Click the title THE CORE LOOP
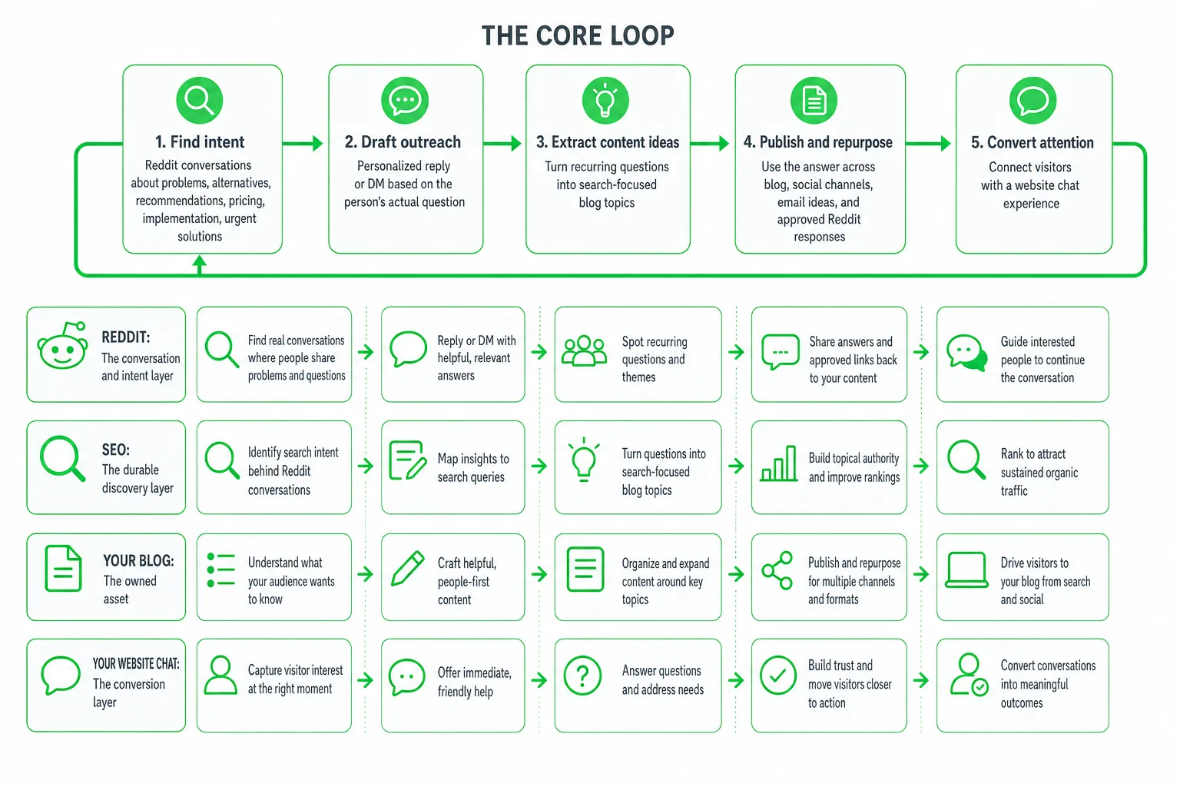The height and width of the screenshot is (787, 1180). [x=578, y=36]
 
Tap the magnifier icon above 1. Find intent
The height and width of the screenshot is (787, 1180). [x=200, y=100]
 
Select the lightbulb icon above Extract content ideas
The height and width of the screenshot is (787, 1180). [x=605, y=100]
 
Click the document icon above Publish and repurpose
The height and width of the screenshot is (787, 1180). [x=814, y=100]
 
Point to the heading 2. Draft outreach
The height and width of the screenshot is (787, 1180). [x=403, y=142]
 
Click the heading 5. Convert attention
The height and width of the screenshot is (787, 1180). [x=1032, y=142]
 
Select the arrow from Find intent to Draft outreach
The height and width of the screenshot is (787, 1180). [x=303, y=143]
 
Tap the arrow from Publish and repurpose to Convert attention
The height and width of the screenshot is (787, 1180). [x=928, y=143]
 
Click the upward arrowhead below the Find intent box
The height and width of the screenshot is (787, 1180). [x=199, y=261]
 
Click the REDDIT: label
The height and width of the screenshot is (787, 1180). [x=126, y=337]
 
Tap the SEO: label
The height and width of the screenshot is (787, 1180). [x=116, y=450]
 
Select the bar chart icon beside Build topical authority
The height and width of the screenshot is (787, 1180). [x=778, y=463]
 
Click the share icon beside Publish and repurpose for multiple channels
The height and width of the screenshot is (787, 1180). [x=777, y=570]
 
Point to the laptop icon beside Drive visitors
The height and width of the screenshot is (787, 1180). [x=966, y=569]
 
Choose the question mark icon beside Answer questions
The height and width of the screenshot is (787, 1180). [x=582, y=676]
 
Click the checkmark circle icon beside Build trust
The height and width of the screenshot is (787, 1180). [x=778, y=676]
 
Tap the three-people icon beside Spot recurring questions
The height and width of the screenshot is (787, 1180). [x=584, y=350]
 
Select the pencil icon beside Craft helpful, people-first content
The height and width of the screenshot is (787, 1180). [x=408, y=569]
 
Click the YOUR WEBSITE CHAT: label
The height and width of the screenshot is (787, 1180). [x=136, y=664]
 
